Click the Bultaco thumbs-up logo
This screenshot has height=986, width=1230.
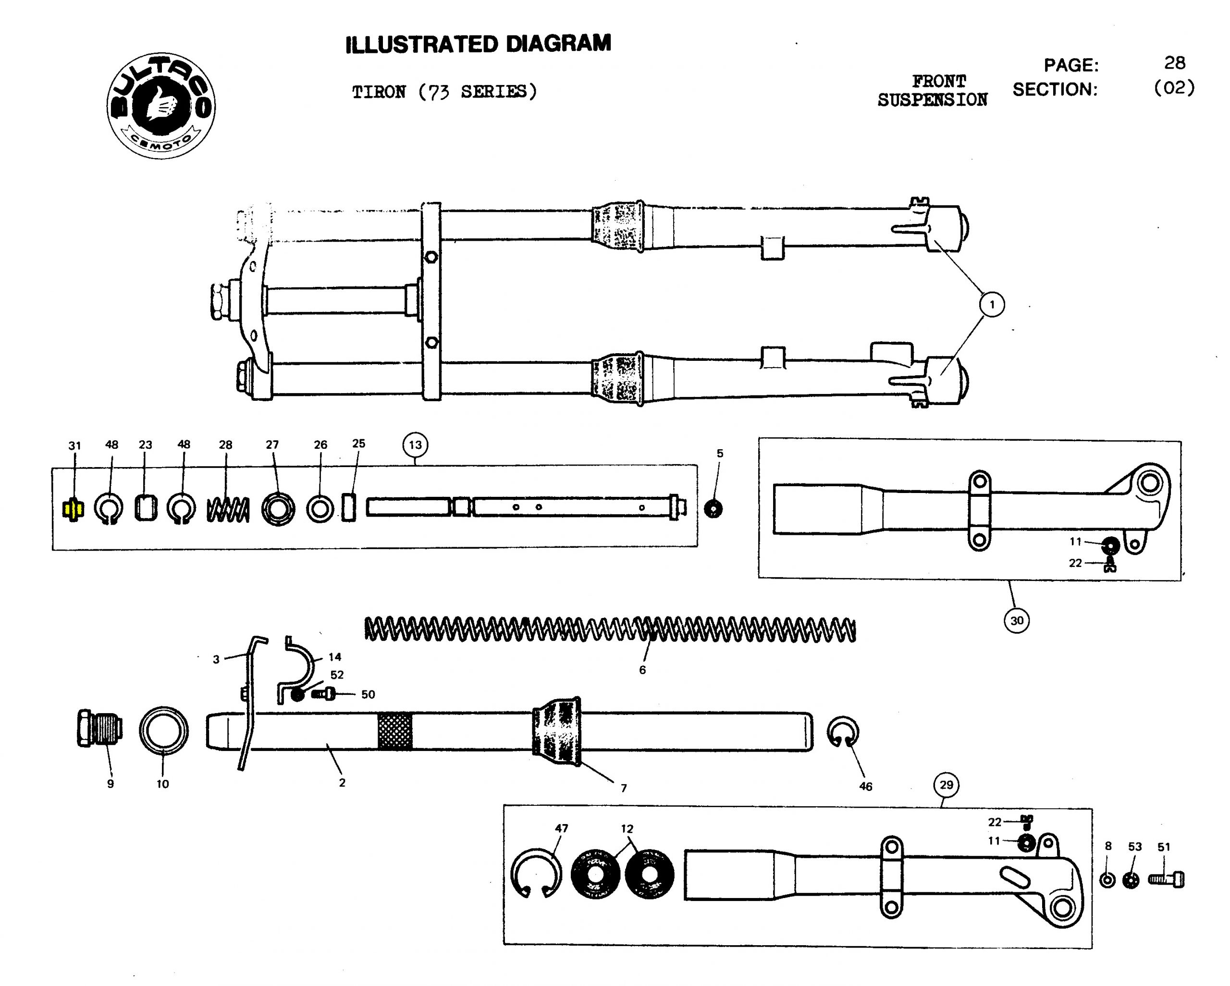161,106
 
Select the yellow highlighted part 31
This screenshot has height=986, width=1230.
73,509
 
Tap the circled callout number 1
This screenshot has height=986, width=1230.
992,305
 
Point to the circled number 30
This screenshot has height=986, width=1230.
1017,620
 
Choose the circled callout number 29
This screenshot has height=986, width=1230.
947,785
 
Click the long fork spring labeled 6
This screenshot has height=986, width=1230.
611,629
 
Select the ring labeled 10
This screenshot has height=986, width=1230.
164,731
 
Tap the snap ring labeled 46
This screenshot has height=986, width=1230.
843,731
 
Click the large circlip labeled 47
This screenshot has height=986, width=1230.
535,874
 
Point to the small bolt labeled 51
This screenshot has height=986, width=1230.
1166,879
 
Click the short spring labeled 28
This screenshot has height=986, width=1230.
228,509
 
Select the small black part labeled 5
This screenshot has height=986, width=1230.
713,508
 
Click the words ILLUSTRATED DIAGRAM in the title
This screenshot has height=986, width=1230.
478,44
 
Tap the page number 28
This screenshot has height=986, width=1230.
1175,63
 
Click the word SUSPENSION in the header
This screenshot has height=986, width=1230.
932,100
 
